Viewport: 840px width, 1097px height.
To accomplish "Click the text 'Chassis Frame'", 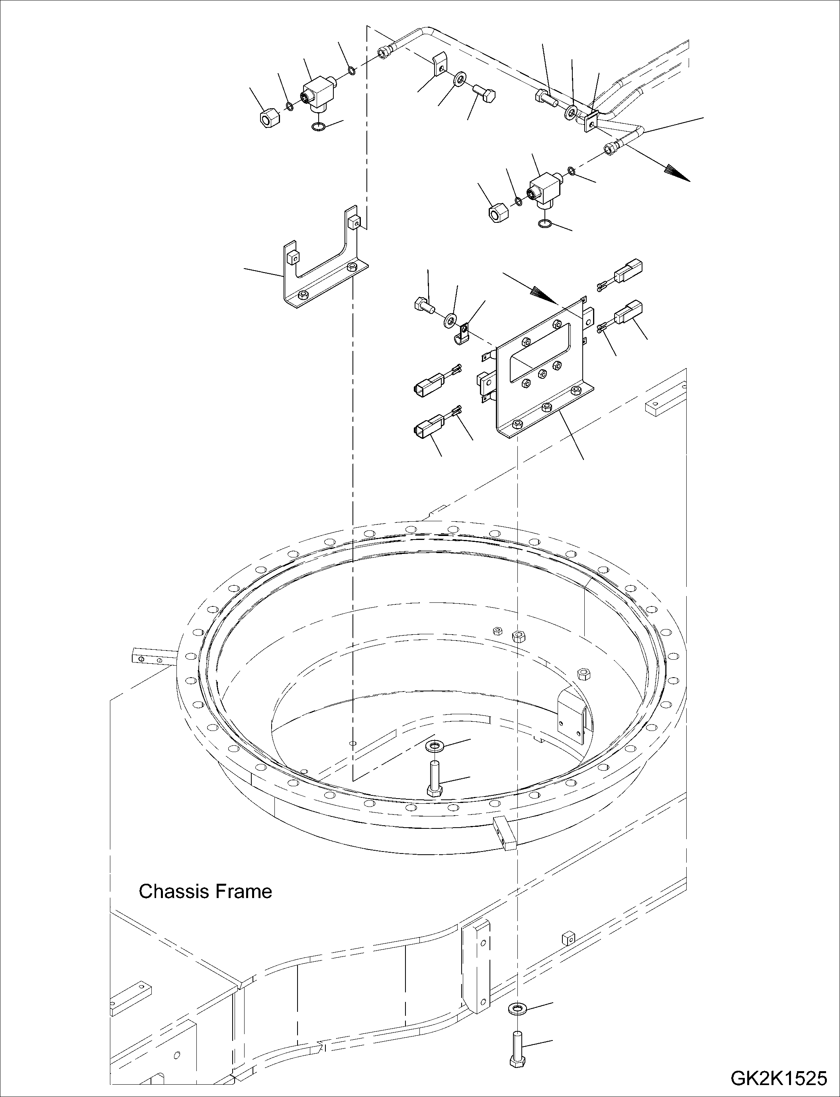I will [205, 891].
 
